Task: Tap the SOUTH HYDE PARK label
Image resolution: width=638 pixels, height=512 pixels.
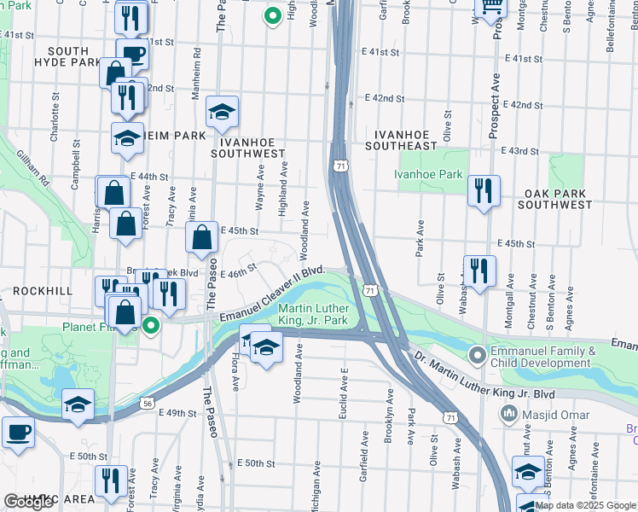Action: click(x=68, y=55)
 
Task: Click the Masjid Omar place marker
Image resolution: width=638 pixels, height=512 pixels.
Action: click(x=509, y=414)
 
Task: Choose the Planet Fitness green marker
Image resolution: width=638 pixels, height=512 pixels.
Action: click(x=152, y=324)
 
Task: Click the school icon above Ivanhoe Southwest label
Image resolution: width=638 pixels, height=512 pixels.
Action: click(x=222, y=112)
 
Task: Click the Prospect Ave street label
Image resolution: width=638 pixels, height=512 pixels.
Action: click(x=494, y=104)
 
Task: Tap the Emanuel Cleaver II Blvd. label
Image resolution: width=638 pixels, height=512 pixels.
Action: click(x=272, y=294)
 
